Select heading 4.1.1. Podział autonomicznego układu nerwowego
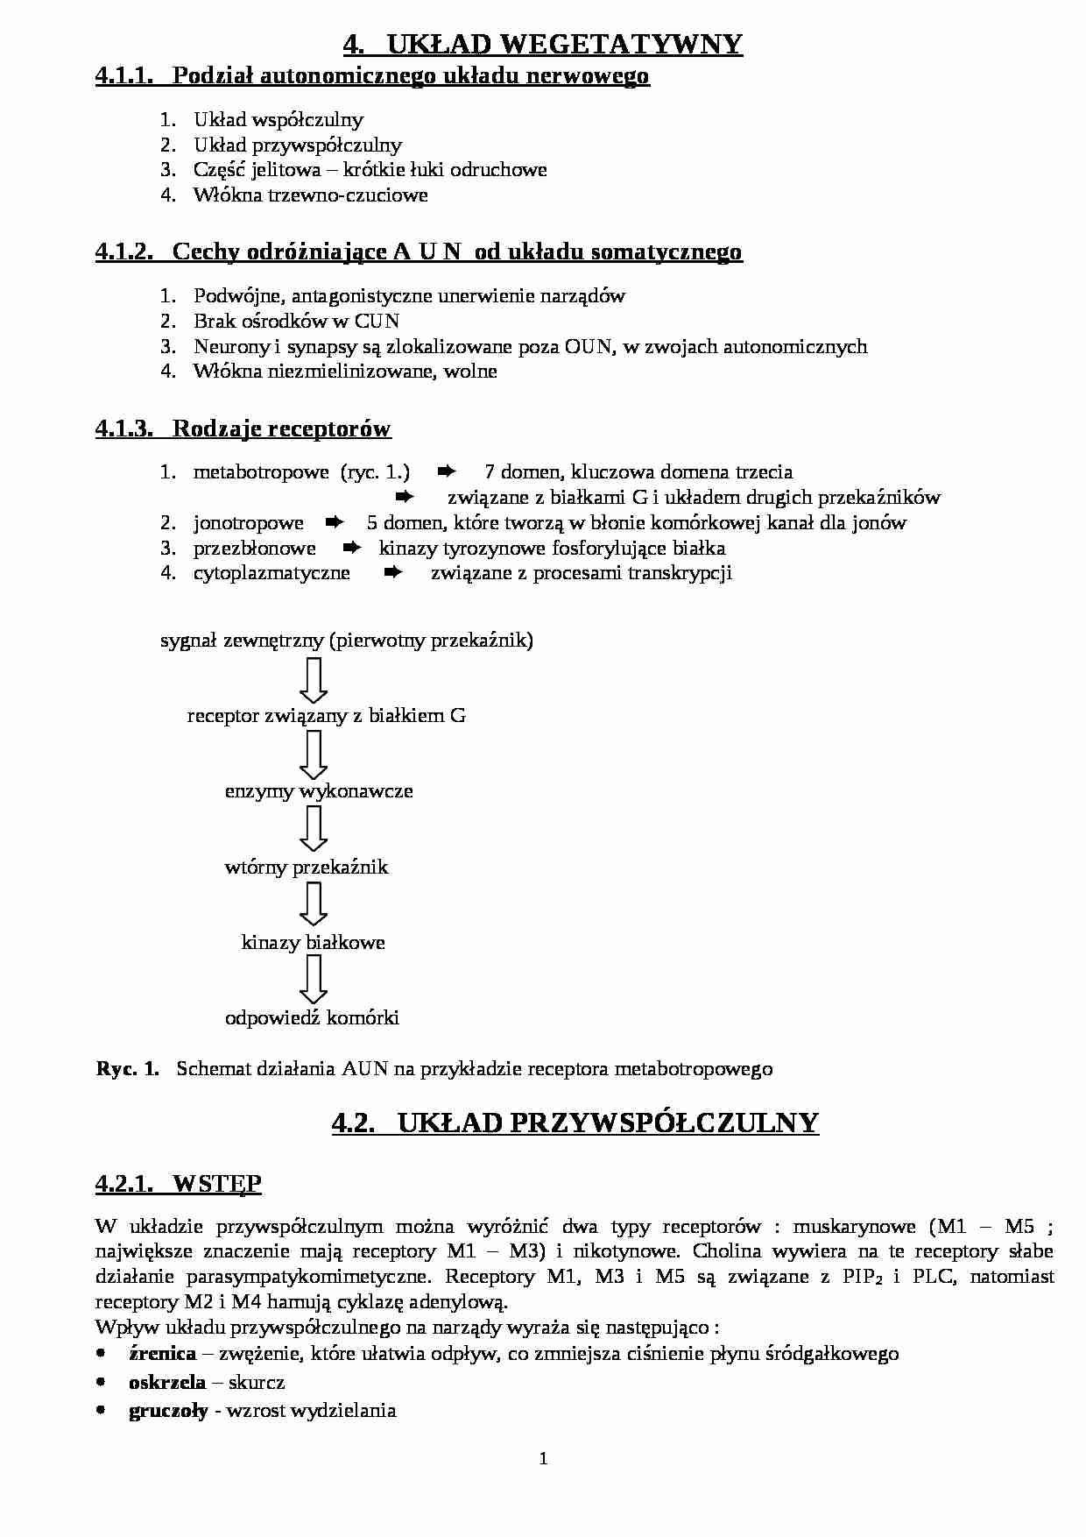pyautogui.click(x=372, y=76)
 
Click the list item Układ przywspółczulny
pyautogui.click(x=298, y=145)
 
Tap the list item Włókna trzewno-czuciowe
pyautogui.click(x=310, y=195)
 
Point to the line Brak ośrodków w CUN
pyautogui.click(x=296, y=321)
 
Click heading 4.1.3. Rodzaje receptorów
pyautogui.click(x=243, y=429)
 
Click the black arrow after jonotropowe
pyautogui.click(x=334, y=523)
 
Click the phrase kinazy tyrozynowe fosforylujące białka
pyautogui.click(x=552, y=549)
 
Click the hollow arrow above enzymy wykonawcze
pyautogui.click(x=313, y=754)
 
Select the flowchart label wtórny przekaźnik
pyautogui.click(x=306, y=868)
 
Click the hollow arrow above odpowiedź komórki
pyautogui.click(x=313, y=980)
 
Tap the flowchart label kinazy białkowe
pyautogui.click(x=313, y=943)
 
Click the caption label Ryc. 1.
pyautogui.click(x=127, y=1069)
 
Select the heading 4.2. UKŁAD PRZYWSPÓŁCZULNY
pyautogui.click(x=575, y=1123)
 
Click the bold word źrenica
pyautogui.click(x=162, y=1354)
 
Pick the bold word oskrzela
pyautogui.click(x=166, y=1383)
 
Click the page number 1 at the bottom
pyautogui.click(x=543, y=1459)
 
